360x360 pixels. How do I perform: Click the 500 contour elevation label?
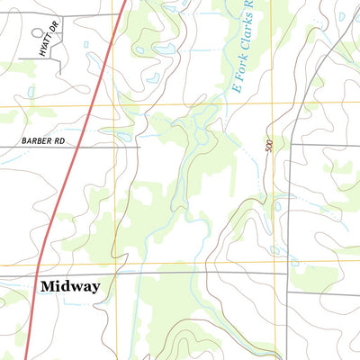[x=268, y=144]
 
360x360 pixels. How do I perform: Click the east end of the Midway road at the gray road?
[x=287, y=273]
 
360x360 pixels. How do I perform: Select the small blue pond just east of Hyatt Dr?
[x=85, y=44]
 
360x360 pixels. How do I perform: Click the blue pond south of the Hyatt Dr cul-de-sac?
[x=31, y=91]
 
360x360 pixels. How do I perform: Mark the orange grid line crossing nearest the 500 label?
[x=274, y=104]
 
